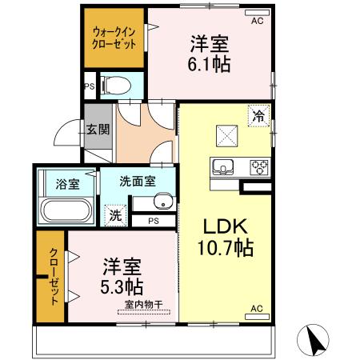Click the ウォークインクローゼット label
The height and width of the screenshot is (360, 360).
[113, 38]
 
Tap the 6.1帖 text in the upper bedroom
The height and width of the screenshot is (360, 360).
[210, 65]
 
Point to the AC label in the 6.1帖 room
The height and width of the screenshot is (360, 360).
[257, 22]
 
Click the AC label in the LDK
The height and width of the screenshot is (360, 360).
[257, 308]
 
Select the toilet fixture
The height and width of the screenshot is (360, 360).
[114, 83]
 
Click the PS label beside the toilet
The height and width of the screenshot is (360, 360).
[90, 86]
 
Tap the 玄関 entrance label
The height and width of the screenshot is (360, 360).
[98, 130]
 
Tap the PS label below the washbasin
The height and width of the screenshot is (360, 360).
[152, 221]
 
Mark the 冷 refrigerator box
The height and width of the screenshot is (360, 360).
[258, 115]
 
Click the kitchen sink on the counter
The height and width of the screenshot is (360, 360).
[222, 167]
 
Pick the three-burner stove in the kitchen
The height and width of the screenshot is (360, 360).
[259, 167]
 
